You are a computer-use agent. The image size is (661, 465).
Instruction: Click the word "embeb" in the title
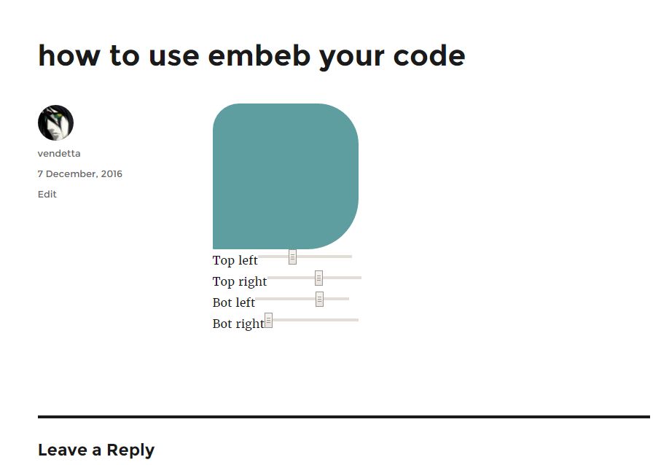tap(259, 55)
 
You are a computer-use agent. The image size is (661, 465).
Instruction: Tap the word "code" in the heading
tap(429, 55)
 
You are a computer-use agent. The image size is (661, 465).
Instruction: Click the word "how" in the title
tap(69, 55)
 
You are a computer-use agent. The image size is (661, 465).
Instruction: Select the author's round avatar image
tap(55, 122)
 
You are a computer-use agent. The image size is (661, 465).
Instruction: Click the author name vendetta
tap(59, 154)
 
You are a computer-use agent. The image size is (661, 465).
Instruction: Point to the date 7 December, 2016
tap(79, 173)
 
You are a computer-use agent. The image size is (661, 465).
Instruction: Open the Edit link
tap(47, 194)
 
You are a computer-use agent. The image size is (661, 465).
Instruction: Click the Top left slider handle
tap(292, 257)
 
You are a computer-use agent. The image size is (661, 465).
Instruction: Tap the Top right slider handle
tap(318, 278)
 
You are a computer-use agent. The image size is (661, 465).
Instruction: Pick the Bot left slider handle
tap(319, 299)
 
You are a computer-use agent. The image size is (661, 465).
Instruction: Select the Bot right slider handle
tap(268, 321)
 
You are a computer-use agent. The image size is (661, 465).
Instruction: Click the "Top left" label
tap(235, 260)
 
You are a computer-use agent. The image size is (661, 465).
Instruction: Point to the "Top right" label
tap(240, 281)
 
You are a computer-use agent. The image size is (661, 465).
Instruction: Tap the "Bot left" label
tap(233, 302)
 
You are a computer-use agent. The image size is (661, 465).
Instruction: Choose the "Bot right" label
tap(238, 324)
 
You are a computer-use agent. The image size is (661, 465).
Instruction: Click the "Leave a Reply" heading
tap(96, 450)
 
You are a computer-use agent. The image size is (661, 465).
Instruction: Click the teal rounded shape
tap(286, 176)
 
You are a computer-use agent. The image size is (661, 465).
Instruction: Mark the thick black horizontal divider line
tap(344, 417)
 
